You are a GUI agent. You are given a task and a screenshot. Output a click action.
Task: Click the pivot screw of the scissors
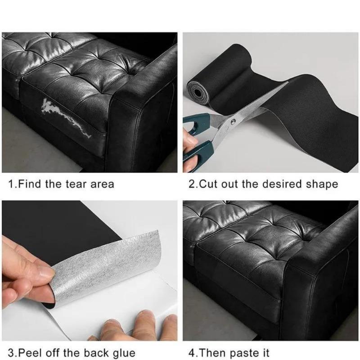pyautogui.click(x=233, y=121)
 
